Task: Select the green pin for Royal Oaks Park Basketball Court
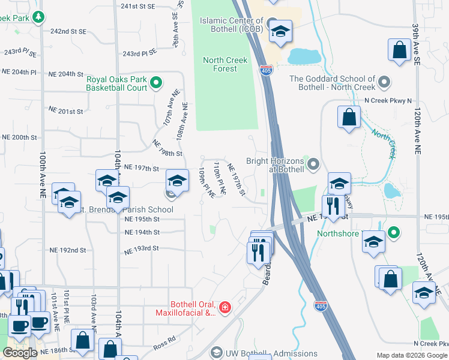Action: [156, 83]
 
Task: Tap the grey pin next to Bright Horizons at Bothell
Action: [312, 164]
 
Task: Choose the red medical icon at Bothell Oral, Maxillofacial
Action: [224, 308]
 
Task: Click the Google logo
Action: [20, 353]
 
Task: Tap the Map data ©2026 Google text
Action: [412, 355]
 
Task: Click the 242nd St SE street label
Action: [69, 31]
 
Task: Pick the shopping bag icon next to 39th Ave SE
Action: [399, 52]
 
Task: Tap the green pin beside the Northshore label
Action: [393, 232]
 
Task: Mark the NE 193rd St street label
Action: [141, 248]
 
